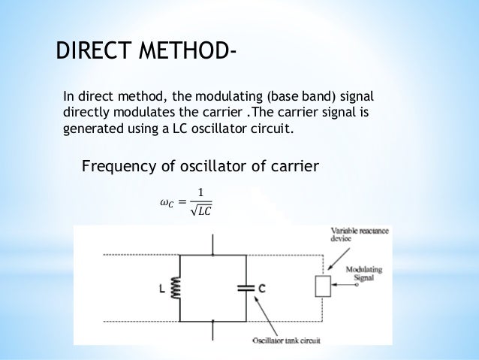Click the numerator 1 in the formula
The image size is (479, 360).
pos(200,191)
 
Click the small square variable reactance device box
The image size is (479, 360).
pos(322,286)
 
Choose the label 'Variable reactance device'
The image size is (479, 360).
pos(358,235)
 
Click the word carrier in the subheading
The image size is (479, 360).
pos(291,165)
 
